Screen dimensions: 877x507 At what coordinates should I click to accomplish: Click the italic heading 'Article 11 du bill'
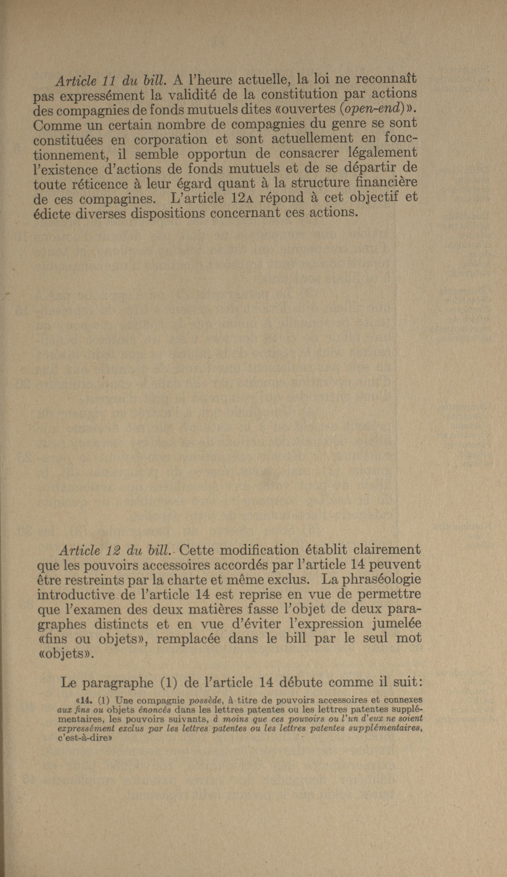click(110, 81)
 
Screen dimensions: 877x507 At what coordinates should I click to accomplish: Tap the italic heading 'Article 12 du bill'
click(114, 550)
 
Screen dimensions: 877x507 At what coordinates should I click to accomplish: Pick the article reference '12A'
click(243, 197)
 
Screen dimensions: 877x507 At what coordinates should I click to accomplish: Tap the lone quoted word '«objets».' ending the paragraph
click(65, 654)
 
